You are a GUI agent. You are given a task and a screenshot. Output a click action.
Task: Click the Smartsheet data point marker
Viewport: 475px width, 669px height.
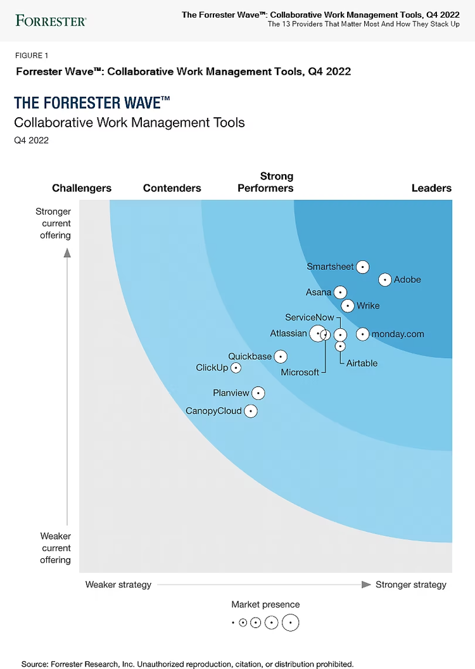[x=362, y=267]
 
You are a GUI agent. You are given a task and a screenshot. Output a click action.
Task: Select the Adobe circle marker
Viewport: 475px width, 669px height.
[x=385, y=279]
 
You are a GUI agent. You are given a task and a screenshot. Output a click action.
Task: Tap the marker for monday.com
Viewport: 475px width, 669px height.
[x=362, y=334]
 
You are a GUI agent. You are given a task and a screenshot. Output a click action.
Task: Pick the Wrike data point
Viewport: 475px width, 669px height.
[x=348, y=306]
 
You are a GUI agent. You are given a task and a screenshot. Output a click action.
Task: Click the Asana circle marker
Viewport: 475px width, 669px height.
[x=341, y=292]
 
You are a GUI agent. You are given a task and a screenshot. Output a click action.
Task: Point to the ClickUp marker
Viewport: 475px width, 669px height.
[x=236, y=367]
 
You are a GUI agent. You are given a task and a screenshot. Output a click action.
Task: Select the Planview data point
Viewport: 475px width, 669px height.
[x=258, y=393]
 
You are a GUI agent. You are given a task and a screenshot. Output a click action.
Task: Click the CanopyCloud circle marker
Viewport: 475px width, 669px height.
[x=251, y=411]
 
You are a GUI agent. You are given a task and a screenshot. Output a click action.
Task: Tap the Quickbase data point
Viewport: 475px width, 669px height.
[x=281, y=357]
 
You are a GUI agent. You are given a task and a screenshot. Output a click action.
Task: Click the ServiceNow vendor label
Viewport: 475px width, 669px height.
[x=309, y=317]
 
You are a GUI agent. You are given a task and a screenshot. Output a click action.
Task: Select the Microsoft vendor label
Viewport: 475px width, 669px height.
[x=300, y=373]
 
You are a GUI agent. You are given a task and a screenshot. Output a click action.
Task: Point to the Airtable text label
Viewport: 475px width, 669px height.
[x=362, y=363]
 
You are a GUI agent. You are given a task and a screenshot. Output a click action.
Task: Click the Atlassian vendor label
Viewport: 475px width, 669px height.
[x=288, y=333]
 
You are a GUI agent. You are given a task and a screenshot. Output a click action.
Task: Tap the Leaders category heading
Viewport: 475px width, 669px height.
[x=431, y=188]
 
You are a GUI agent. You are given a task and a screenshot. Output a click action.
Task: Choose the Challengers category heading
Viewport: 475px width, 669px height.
[x=82, y=188]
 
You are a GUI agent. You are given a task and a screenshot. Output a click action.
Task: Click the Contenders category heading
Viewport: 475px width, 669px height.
[x=172, y=188]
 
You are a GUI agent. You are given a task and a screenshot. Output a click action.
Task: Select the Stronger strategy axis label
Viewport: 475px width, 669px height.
[x=411, y=585]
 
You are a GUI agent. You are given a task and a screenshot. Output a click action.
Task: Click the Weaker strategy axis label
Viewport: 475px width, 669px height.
[x=118, y=585]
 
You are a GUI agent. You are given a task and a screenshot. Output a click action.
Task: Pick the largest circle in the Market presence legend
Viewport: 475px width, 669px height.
[x=291, y=623]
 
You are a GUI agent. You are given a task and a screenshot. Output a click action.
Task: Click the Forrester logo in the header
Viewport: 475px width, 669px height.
[x=51, y=20]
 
